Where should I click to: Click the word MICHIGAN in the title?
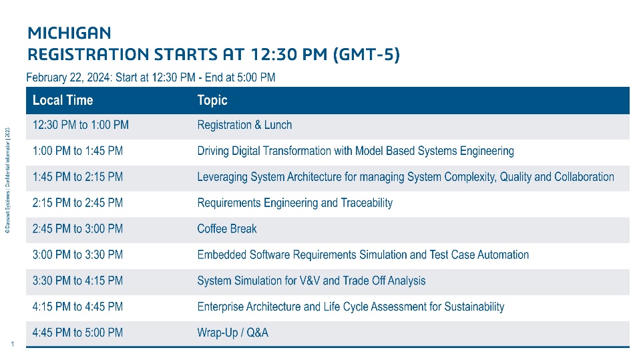[x=69, y=33]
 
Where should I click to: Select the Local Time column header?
[x=63, y=100]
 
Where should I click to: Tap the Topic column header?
[x=212, y=100]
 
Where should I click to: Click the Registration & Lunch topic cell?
[x=244, y=125]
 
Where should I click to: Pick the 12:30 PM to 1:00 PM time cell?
[x=81, y=125]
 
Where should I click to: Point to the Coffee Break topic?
[x=227, y=228]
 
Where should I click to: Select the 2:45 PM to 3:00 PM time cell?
[x=77, y=228]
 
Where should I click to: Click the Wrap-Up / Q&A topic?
[x=232, y=333]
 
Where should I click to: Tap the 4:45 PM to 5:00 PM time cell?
[x=77, y=333]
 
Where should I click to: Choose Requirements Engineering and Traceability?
[x=294, y=203]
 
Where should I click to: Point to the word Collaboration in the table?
[x=584, y=177]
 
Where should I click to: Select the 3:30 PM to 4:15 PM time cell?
[x=77, y=281]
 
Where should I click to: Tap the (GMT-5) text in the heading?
[x=367, y=54]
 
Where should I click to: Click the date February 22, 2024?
[x=69, y=77]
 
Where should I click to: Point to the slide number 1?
[x=13, y=344]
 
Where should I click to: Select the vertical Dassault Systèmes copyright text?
[x=7, y=180]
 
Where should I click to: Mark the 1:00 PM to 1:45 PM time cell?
[x=77, y=151]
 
